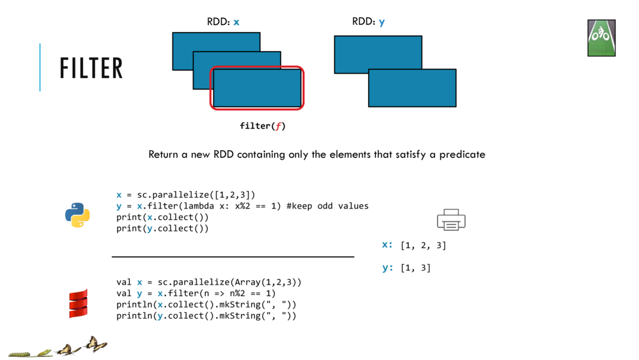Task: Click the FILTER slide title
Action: click(x=91, y=68)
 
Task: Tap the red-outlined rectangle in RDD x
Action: click(x=257, y=88)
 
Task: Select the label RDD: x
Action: click(x=223, y=22)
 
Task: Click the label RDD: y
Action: click(x=368, y=22)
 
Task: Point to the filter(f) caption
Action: click(x=263, y=126)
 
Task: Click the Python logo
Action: click(x=77, y=215)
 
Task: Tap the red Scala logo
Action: click(x=78, y=304)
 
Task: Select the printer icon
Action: click(x=451, y=220)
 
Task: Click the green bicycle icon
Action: click(x=601, y=38)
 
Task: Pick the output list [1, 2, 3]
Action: click(x=423, y=246)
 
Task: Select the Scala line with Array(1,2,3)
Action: click(x=208, y=282)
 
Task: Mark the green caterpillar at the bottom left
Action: click(x=19, y=354)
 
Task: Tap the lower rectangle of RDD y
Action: click(x=412, y=88)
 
